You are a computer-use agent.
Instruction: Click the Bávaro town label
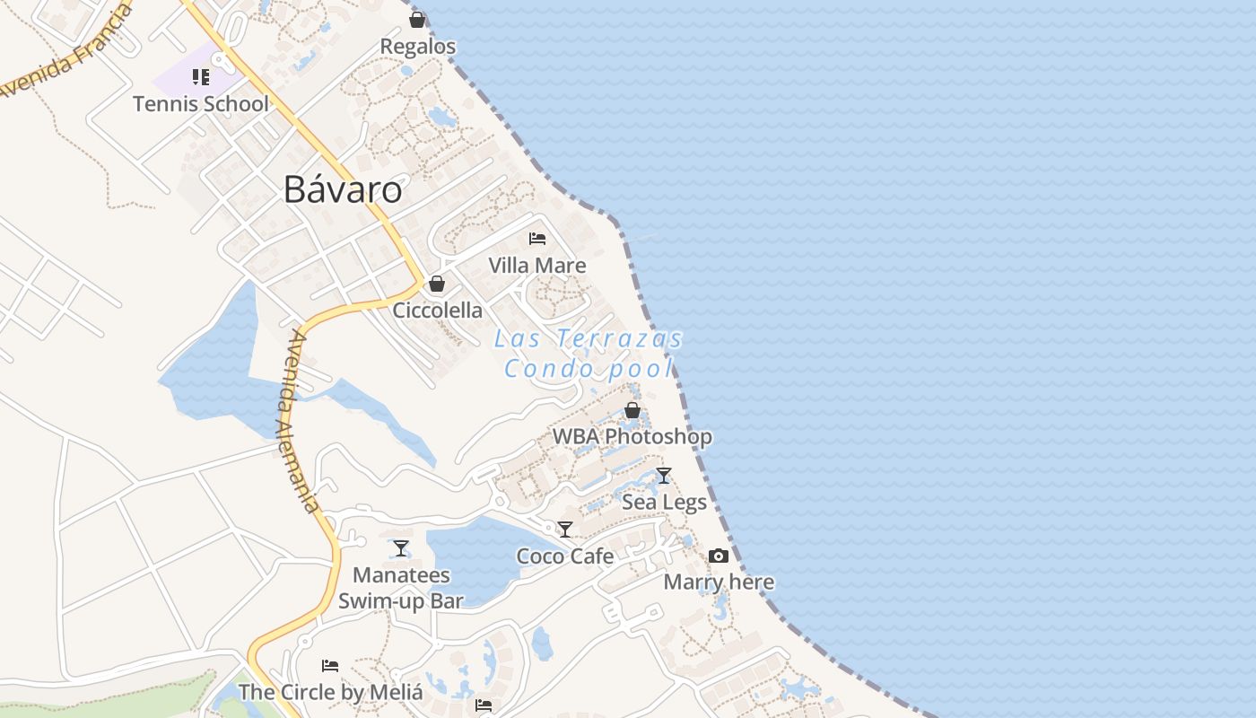(x=343, y=189)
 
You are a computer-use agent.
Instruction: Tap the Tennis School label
(x=201, y=104)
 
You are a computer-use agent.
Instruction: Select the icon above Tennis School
(x=201, y=77)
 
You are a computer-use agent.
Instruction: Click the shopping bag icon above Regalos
(x=417, y=20)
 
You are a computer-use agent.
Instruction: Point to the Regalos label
(x=418, y=47)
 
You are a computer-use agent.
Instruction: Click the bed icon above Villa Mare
(x=537, y=239)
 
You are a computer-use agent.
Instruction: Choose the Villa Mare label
(x=537, y=266)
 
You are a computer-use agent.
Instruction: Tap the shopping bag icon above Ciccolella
(x=437, y=285)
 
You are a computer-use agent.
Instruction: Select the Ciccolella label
(x=438, y=311)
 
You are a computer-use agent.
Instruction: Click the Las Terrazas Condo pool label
(x=589, y=354)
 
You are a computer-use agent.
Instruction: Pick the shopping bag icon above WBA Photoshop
(x=632, y=411)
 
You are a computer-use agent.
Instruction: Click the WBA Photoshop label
(x=632, y=437)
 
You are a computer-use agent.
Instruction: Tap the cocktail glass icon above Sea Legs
(x=664, y=476)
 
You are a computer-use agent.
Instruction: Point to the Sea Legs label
(x=665, y=502)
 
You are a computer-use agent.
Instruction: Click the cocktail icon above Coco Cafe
(x=565, y=530)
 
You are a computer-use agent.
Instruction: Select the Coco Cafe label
(x=565, y=556)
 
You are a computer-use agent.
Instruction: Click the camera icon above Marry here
(x=719, y=556)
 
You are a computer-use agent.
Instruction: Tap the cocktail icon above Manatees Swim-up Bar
(x=401, y=548)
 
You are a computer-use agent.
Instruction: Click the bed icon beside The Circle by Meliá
(x=330, y=666)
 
